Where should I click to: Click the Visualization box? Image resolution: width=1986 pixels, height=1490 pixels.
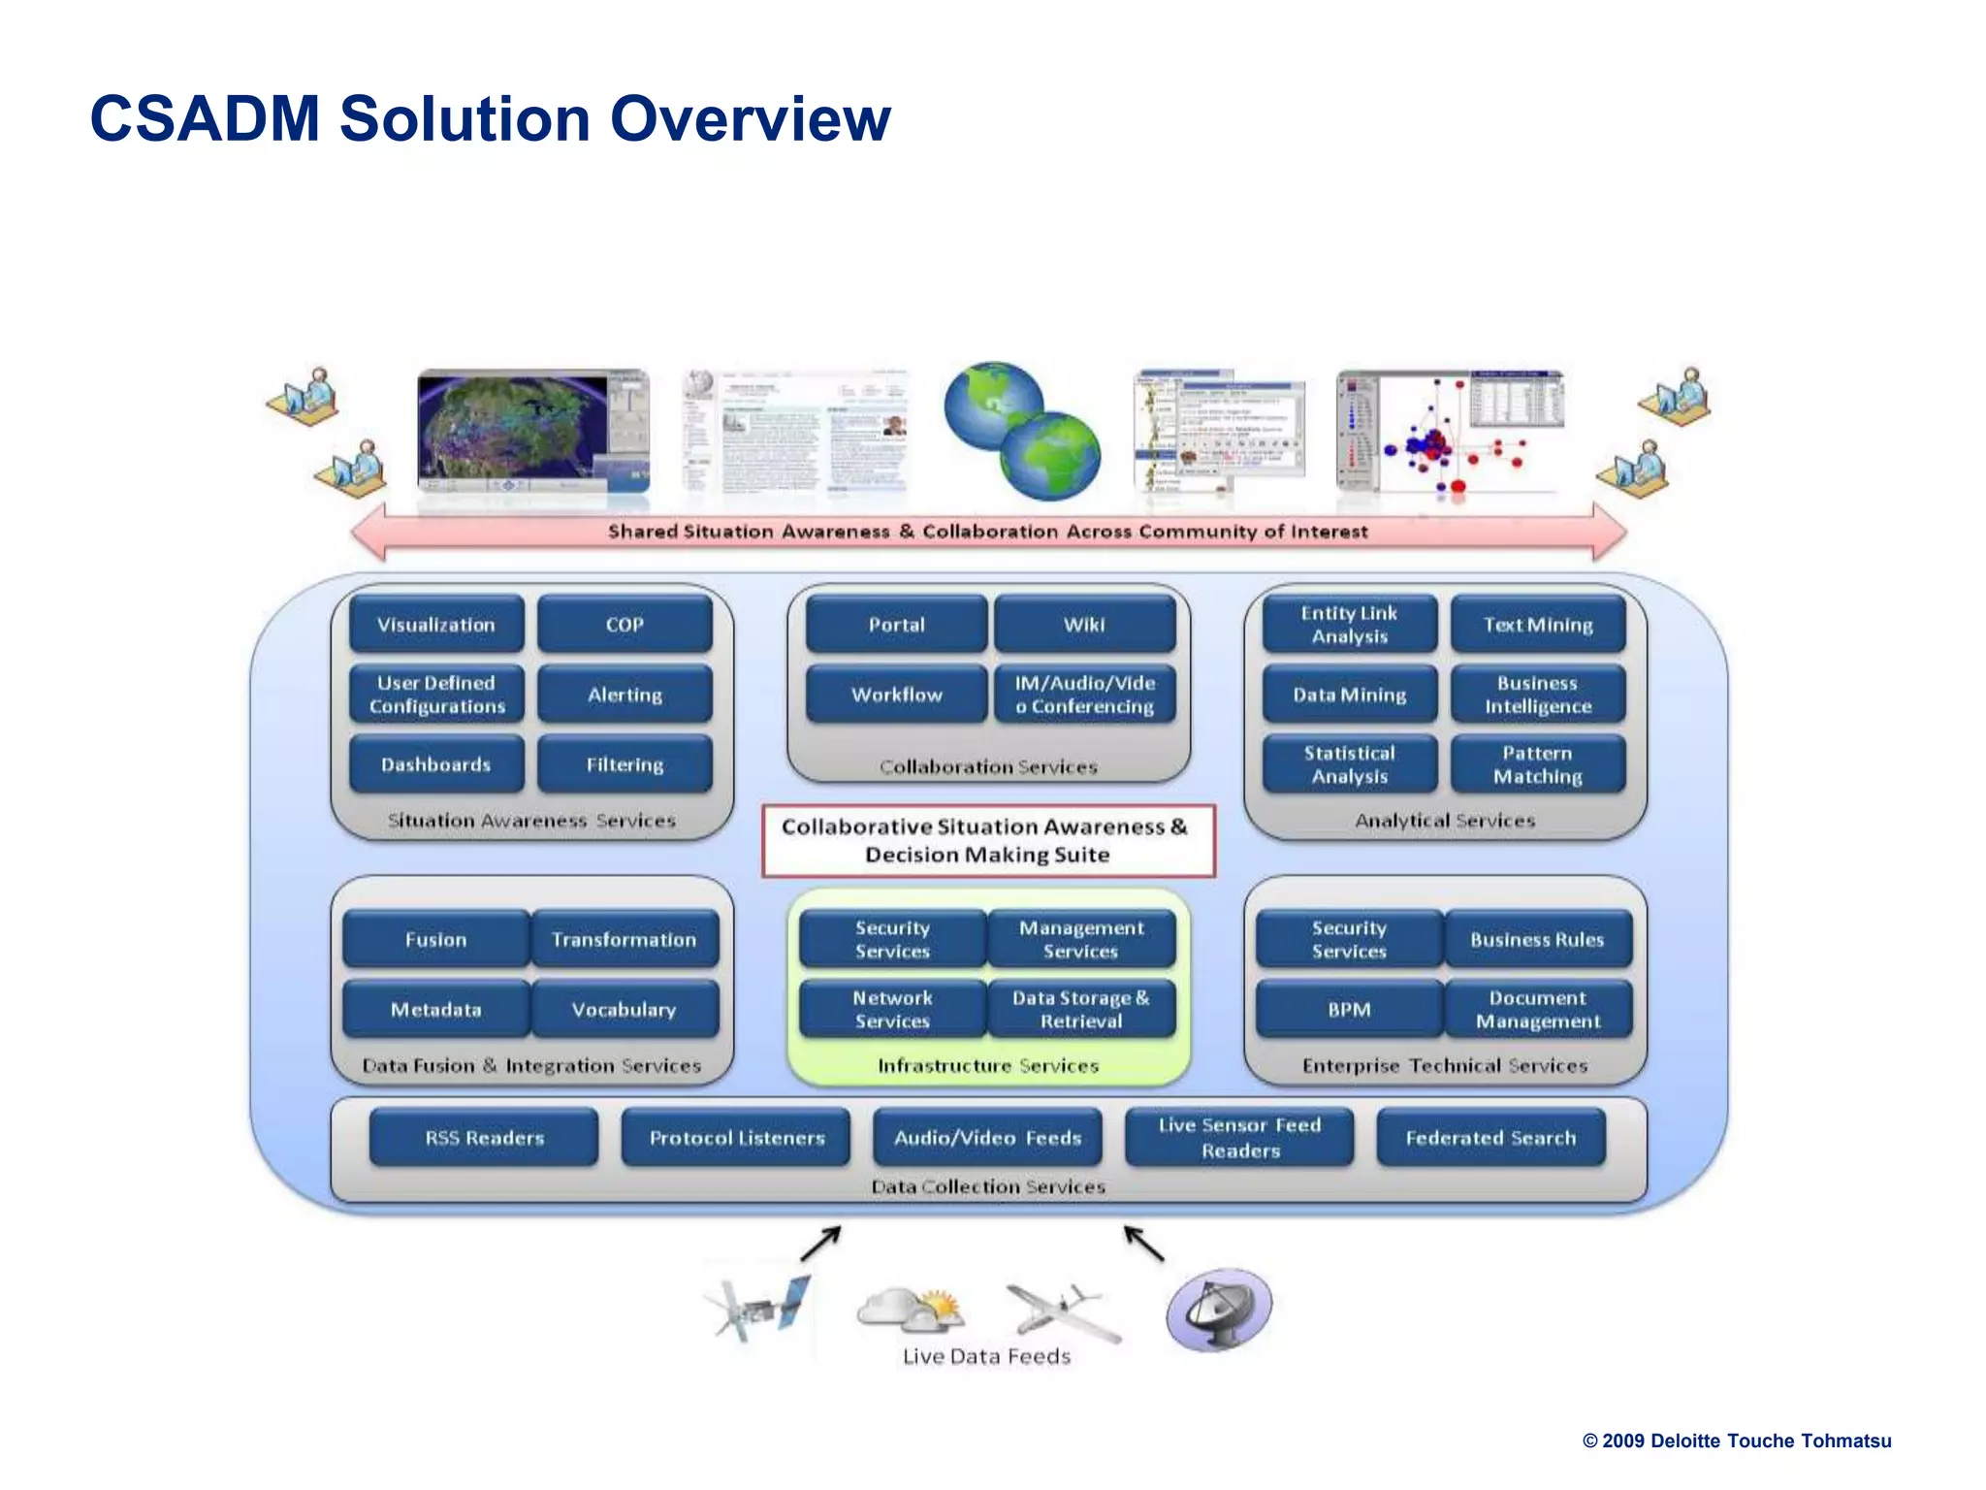coord(435,625)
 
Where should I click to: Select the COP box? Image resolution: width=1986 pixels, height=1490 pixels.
coord(625,625)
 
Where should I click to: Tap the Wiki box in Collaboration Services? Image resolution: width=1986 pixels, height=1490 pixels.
coord(1084,625)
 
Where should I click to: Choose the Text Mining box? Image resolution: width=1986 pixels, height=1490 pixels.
coord(1538,625)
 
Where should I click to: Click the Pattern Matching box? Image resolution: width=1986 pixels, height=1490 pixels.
coord(1538,764)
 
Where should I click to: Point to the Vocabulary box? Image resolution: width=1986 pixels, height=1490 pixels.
coord(625,1009)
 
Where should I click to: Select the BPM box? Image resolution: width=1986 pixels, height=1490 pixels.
coord(1349,1009)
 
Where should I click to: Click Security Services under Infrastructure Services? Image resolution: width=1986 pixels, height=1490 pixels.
coord(892,939)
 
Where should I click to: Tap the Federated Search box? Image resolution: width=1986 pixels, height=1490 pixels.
coord(1490,1137)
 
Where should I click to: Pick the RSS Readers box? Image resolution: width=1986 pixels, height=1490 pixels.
coord(484,1137)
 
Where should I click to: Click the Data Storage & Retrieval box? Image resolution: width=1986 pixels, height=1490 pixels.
coord(1081,1009)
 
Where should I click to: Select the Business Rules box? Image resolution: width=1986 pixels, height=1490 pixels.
coord(1538,939)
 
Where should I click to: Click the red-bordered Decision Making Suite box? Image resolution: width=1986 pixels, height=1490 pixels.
coord(987,840)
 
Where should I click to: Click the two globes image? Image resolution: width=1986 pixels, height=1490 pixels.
coord(1023,431)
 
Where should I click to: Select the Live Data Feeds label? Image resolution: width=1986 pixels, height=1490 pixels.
coord(986,1356)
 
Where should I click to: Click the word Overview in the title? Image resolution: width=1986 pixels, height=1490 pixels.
coord(750,118)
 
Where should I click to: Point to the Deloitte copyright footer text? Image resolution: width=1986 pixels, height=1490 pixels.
coord(1736,1441)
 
